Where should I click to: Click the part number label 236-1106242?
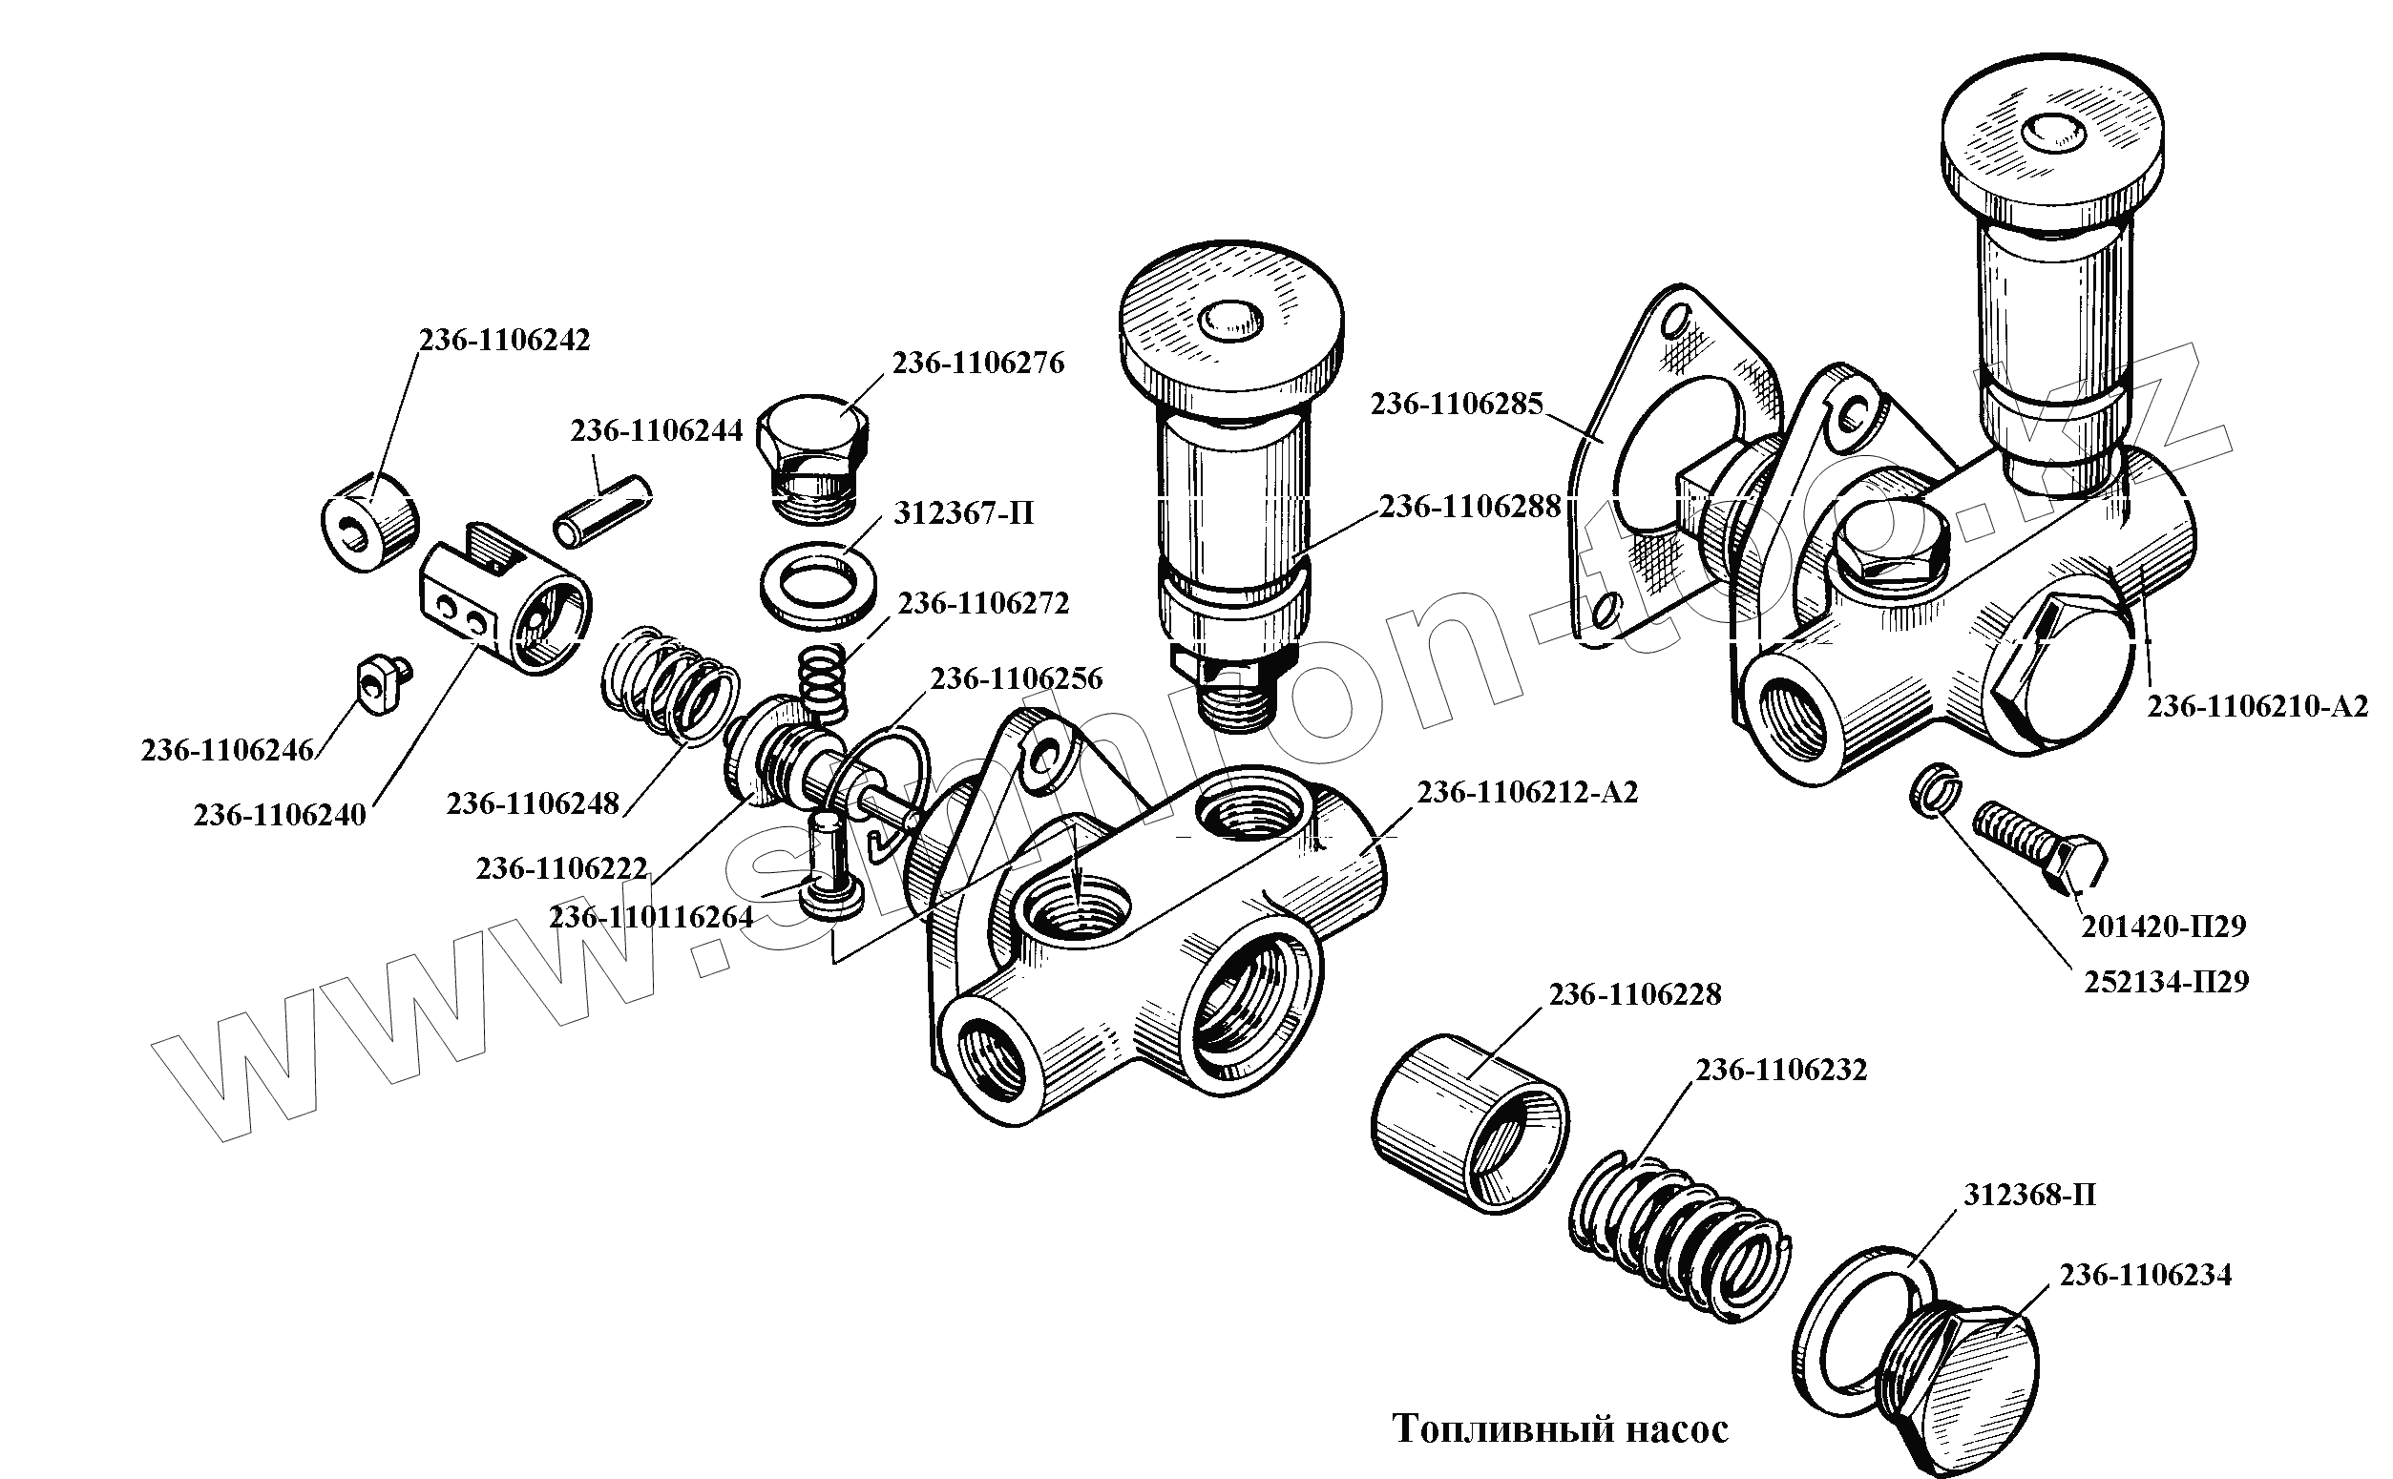504,341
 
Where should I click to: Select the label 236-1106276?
977,364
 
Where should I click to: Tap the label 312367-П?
963,513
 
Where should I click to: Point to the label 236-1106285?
1456,404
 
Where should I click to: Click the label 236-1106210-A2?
2258,706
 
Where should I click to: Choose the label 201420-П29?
2163,926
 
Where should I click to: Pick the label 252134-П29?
2166,981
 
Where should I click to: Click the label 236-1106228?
1634,994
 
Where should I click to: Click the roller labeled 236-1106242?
368,518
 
